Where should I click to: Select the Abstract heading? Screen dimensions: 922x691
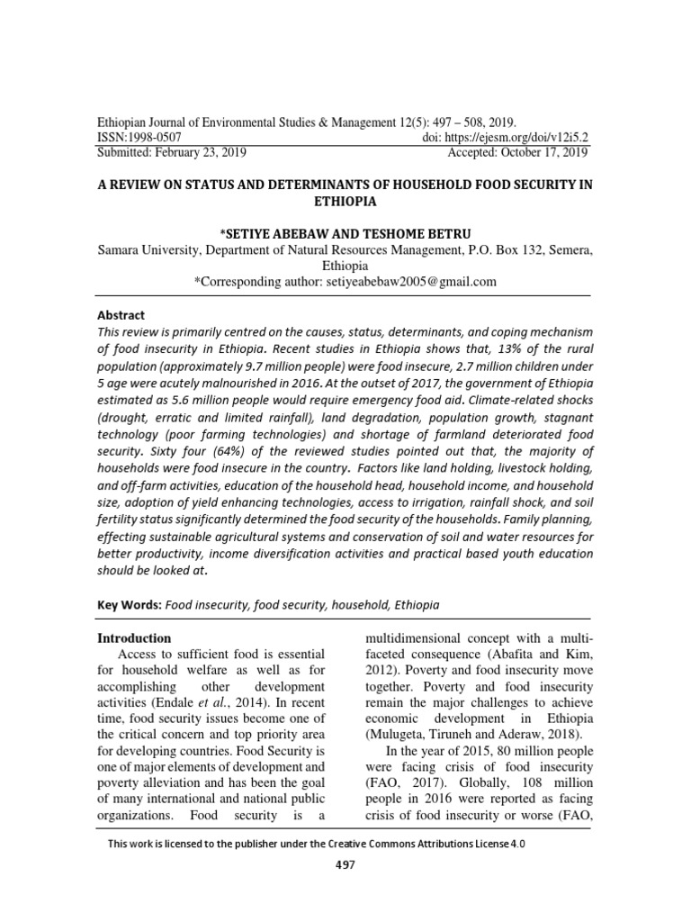[x=121, y=315]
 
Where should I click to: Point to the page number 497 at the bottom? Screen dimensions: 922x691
[x=345, y=864]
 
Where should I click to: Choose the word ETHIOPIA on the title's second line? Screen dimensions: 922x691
[x=345, y=203]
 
